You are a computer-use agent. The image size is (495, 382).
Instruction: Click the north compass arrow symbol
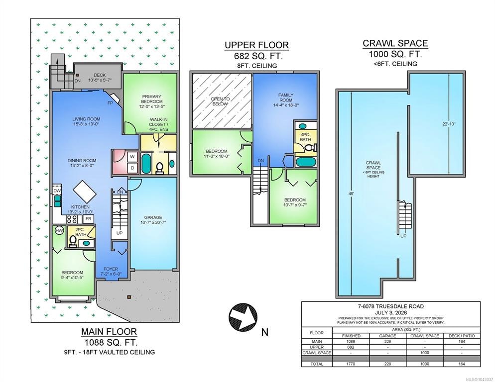243,317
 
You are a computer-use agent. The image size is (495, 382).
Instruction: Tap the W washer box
132,157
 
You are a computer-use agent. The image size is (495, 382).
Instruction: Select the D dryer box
132,168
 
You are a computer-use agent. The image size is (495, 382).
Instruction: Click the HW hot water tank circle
59,231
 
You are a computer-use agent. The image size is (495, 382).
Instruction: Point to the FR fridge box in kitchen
89,219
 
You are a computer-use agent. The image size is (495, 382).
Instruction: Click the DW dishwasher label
57,191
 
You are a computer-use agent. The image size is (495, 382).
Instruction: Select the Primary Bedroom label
152,99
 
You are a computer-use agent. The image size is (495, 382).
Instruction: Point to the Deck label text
100,75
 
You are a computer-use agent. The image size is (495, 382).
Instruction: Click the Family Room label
286,97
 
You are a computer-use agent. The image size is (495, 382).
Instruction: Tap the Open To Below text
220,101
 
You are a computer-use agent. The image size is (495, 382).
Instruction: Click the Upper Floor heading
256,45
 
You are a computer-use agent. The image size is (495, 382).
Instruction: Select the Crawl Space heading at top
395,43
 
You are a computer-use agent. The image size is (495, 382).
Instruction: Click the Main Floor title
109,332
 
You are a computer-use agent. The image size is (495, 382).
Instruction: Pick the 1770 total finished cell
351,364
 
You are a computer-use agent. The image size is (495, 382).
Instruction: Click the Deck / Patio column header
462,336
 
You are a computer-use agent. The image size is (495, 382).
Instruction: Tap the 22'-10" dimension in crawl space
449,124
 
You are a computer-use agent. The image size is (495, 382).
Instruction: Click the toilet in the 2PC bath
73,241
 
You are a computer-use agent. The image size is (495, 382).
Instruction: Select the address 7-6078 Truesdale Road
391,306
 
